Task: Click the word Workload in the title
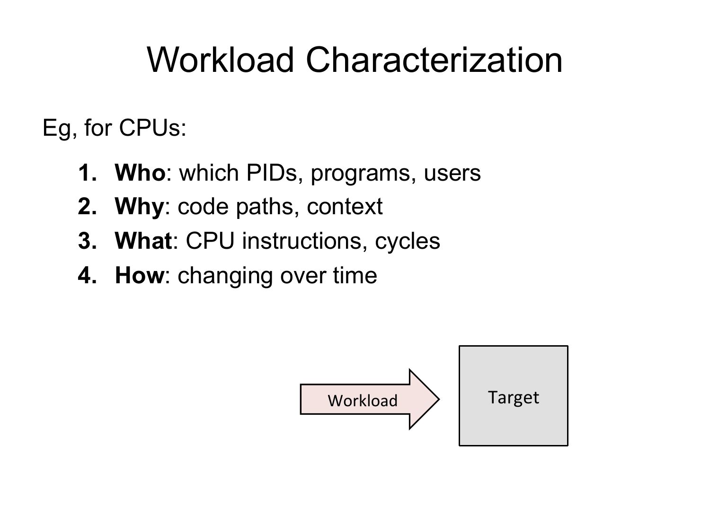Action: [x=220, y=60]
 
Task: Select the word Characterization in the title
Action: [x=434, y=60]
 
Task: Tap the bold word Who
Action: [x=140, y=173]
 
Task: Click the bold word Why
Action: [x=140, y=207]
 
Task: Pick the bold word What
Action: [x=143, y=241]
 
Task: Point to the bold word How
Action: [x=140, y=275]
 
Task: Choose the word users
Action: [x=452, y=174]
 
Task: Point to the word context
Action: [x=345, y=207]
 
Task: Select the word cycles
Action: [x=407, y=242]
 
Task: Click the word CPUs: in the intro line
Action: [x=152, y=128]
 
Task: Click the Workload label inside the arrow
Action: [x=362, y=401]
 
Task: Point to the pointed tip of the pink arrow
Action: [x=439, y=399]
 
